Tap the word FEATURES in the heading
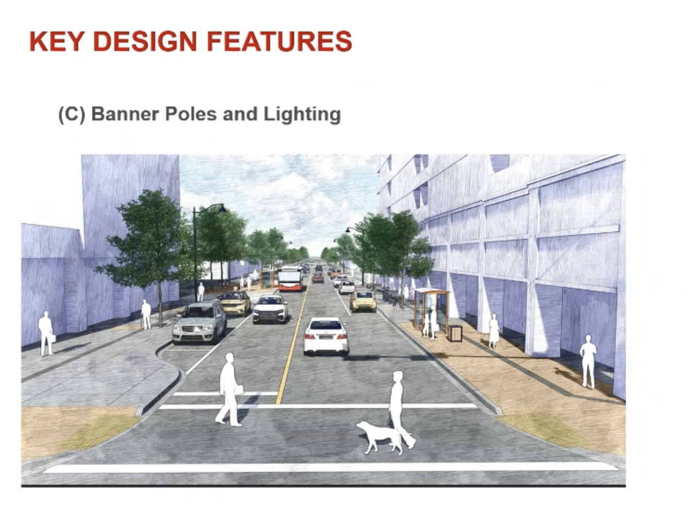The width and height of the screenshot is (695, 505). point(279,41)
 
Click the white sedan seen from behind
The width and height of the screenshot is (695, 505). point(326,336)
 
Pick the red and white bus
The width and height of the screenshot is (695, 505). point(290,279)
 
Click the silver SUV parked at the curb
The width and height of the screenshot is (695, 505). point(199,323)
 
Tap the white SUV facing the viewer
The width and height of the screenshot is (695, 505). point(270,309)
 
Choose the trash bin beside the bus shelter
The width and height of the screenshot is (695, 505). point(455,333)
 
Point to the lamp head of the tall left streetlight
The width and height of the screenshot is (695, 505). point(222,209)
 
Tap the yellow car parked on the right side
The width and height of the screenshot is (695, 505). point(363,301)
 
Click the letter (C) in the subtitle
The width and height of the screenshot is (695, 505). point(72,115)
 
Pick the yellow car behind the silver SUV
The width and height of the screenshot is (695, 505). point(234,302)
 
